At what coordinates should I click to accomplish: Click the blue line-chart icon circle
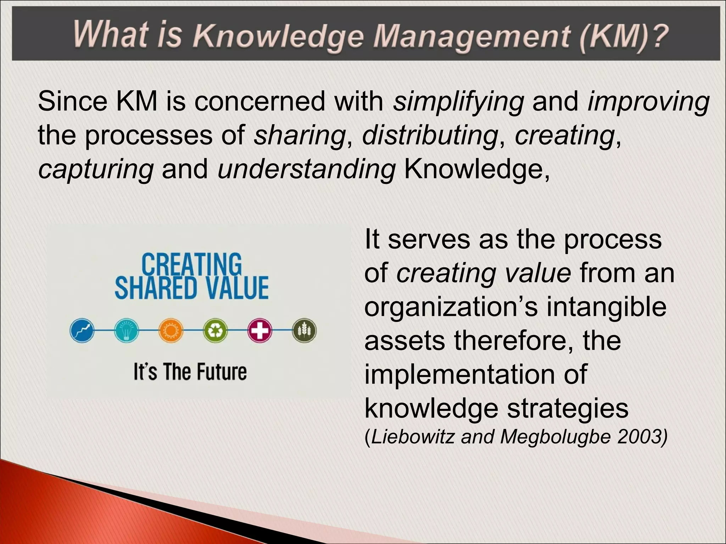pos(82,330)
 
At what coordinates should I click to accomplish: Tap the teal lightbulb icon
pos(127,330)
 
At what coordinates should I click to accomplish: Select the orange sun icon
pos(171,330)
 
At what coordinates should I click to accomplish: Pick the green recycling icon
pos(215,330)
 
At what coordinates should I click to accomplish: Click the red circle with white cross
pos(260,330)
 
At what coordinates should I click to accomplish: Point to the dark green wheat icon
pos(305,330)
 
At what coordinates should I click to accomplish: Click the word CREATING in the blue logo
pos(191,264)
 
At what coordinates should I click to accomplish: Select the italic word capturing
pos(96,169)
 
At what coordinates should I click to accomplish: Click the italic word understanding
pos(307,169)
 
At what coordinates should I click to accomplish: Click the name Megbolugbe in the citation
pos(556,437)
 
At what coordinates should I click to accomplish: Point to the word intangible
pos(606,307)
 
